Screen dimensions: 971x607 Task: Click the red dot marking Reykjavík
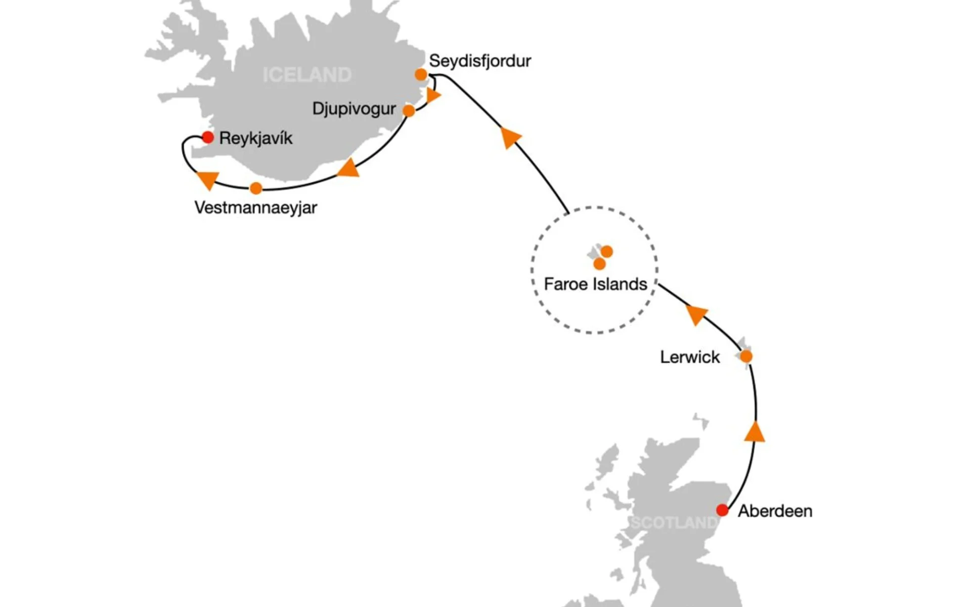(208, 137)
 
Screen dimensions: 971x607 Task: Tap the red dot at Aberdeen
(722, 510)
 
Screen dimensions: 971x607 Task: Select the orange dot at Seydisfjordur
(421, 75)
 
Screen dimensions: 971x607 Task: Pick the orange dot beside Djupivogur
(409, 110)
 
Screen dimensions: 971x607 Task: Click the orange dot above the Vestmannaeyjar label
(256, 188)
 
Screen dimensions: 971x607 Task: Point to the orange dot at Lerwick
(746, 357)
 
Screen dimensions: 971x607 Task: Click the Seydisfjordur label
(479, 61)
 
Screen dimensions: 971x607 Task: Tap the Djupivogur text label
(354, 109)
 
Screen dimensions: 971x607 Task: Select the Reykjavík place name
(256, 138)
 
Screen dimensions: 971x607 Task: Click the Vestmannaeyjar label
(256, 207)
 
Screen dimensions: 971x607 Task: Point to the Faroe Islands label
(595, 284)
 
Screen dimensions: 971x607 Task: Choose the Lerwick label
(690, 357)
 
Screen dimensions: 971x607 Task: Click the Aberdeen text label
(775, 511)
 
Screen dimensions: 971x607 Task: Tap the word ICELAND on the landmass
(307, 75)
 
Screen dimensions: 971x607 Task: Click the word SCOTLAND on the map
(674, 523)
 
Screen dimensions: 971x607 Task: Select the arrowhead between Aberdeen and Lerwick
(755, 432)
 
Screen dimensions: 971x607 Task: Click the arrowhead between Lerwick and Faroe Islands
(696, 314)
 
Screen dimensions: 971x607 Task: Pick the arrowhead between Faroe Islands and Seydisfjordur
(510, 138)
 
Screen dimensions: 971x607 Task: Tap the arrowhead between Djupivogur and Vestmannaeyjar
(348, 168)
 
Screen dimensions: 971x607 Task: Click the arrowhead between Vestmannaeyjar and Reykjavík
(207, 180)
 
